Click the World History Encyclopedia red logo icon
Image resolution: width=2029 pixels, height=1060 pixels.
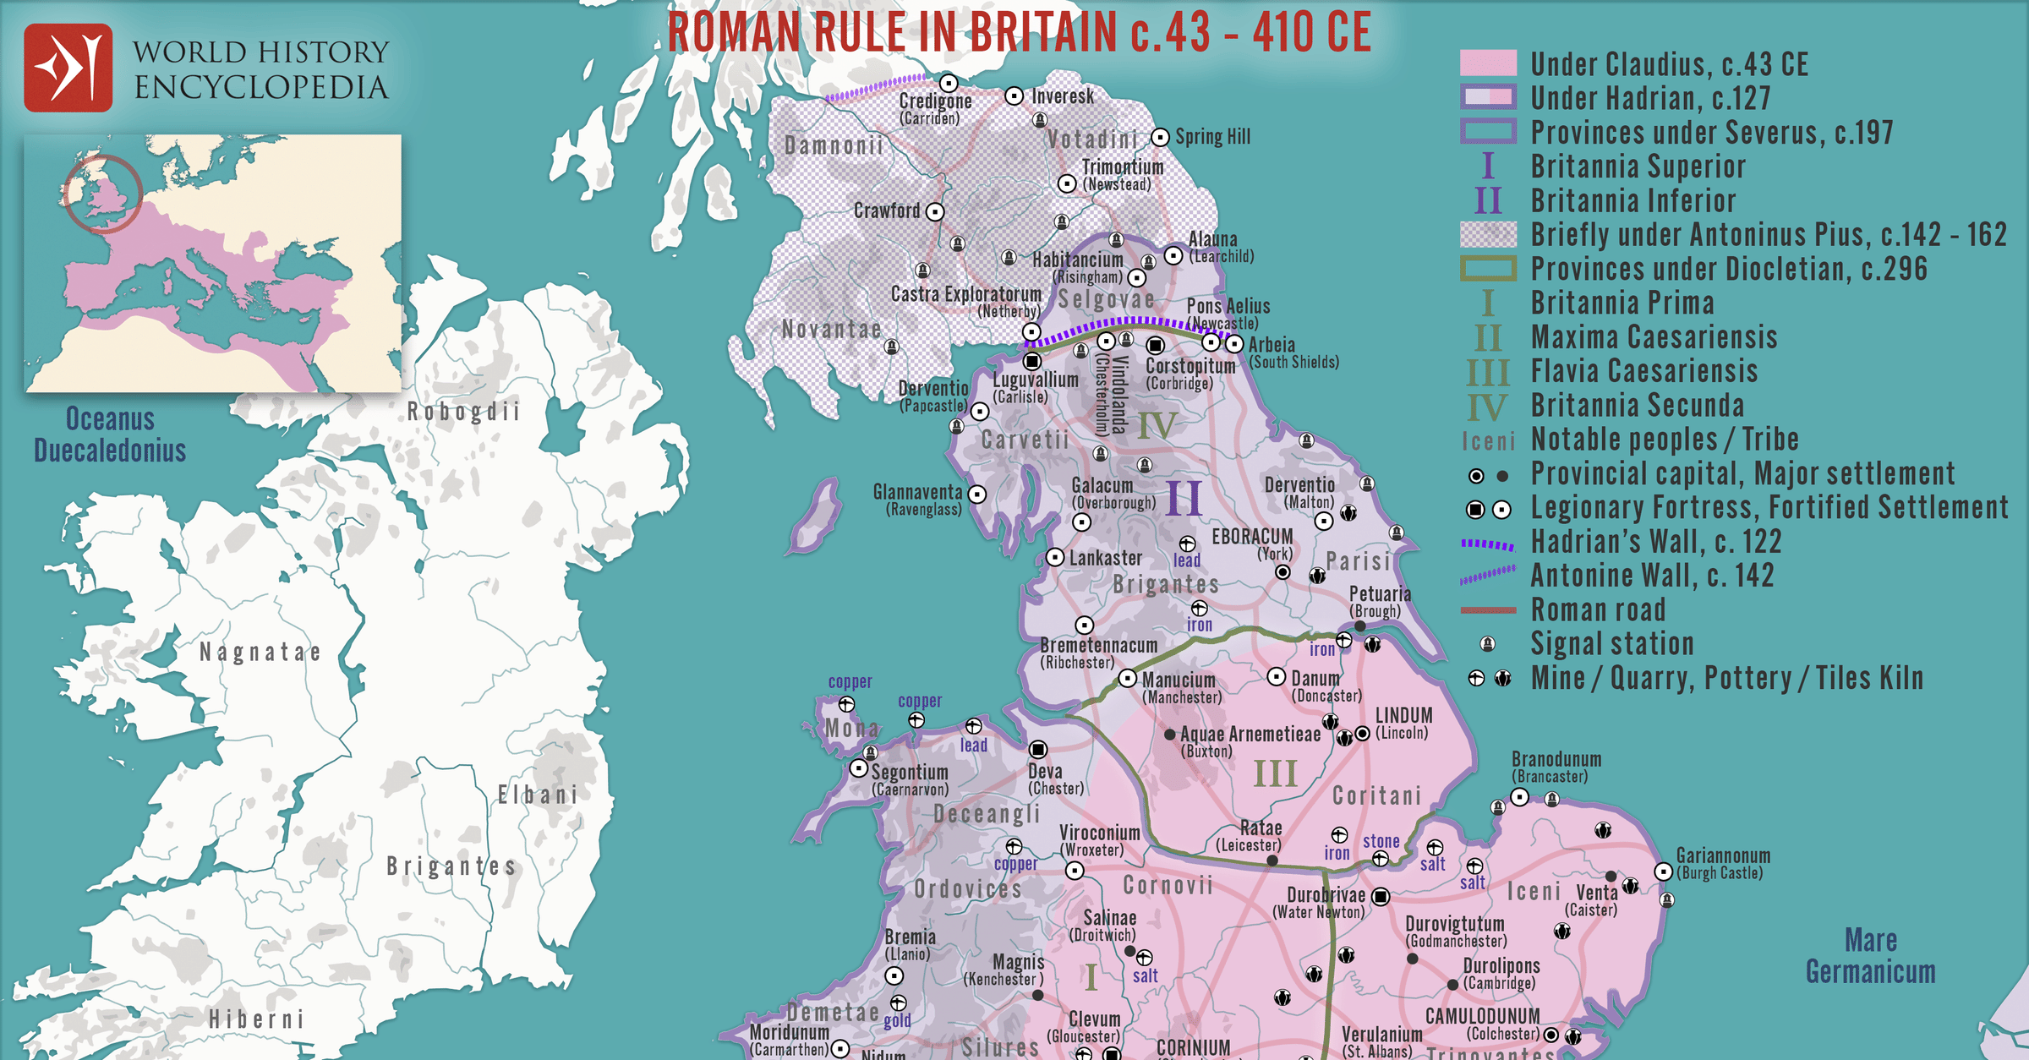[x=68, y=68]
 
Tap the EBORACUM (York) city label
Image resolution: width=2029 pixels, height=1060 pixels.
[x=1252, y=544]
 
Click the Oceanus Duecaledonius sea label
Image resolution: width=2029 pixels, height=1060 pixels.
[x=110, y=434]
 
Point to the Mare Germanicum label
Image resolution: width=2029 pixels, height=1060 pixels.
[x=1870, y=956]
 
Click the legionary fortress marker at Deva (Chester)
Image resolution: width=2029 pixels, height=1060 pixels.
[x=1038, y=750]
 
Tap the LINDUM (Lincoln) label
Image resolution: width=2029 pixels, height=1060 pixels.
[x=1403, y=723]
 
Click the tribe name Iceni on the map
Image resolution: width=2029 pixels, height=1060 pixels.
[x=1534, y=892]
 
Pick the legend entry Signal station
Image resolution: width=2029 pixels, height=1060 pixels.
[x=1611, y=644]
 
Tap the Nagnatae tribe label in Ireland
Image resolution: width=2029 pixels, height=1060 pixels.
[x=260, y=653]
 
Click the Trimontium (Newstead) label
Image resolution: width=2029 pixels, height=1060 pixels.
[x=1122, y=175]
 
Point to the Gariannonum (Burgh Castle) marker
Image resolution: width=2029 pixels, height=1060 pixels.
[x=1663, y=871]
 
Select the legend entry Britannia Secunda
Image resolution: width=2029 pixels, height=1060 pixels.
[x=1637, y=406]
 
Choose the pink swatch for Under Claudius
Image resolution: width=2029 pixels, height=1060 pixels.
[x=1488, y=63]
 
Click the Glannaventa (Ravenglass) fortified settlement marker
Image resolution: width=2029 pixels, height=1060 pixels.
[x=977, y=494]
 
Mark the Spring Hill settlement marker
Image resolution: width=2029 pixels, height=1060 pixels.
[x=1161, y=137]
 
